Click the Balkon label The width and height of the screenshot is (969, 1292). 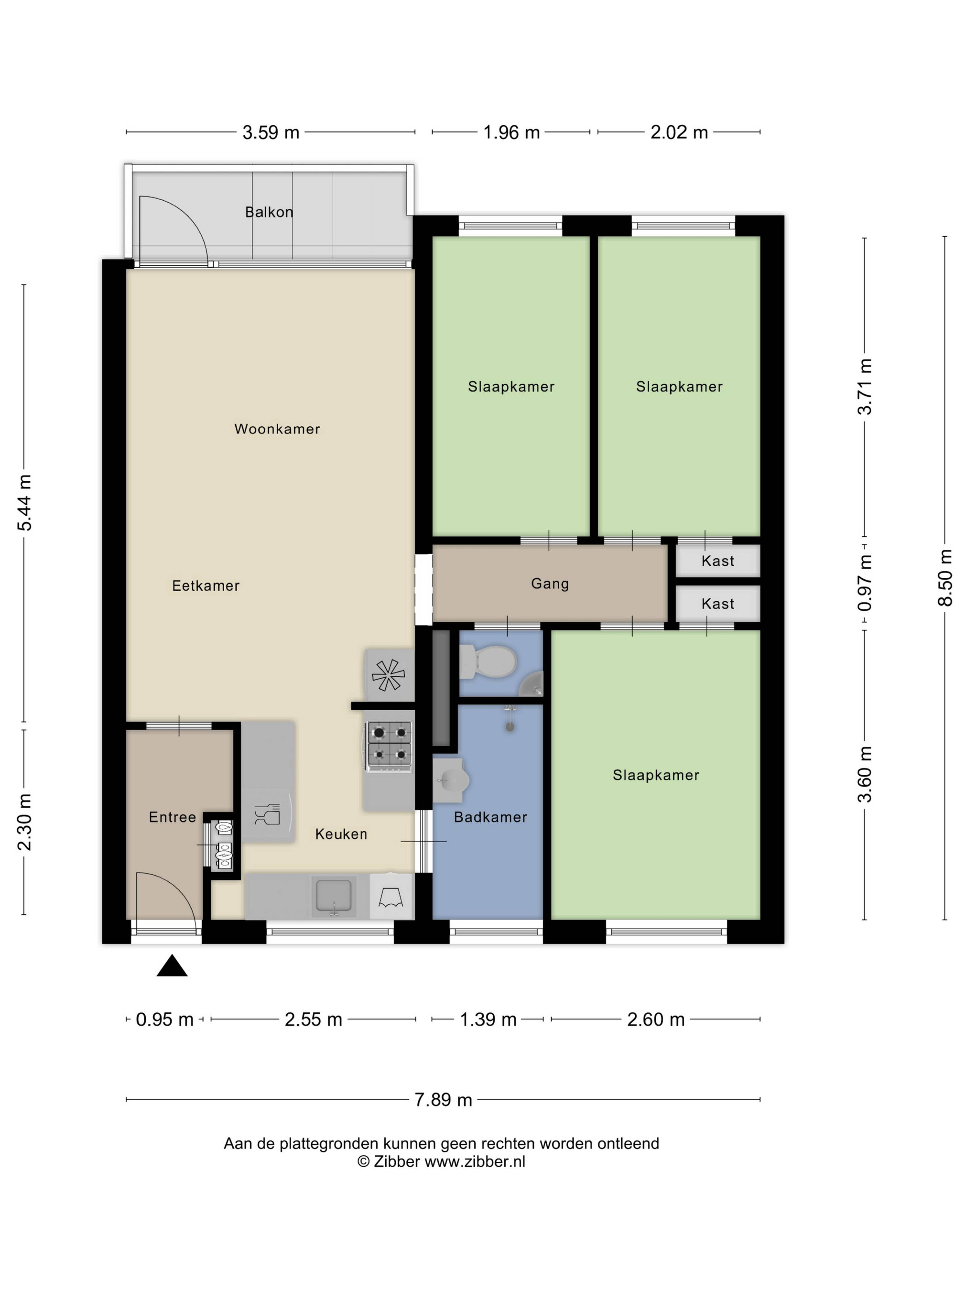(269, 212)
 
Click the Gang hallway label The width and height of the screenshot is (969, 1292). (550, 583)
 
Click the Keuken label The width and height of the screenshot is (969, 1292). (341, 834)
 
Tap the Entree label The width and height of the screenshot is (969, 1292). (172, 817)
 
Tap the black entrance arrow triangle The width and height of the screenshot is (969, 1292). (172, 966)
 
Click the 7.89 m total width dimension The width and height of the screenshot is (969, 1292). (443, 1100)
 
